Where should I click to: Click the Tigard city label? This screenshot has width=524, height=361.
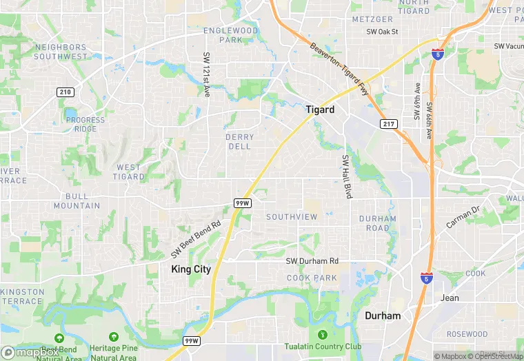pyautogui.click(x=320, y=110)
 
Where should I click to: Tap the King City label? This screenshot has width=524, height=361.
pyautogui.click(x=191, y=269)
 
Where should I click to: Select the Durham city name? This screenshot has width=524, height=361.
pyautogui.click(x=382, y=316)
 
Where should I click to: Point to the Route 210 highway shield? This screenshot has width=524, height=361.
pyautogui.click(x=65, y=92)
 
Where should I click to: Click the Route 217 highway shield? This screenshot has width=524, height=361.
pyautogui.click(x=388, y=123)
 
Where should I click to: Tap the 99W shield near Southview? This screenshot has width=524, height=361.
pyautogui.click(x=242, y=203)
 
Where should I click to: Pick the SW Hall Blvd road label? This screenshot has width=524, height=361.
pyautogui.click(x=347, y=177)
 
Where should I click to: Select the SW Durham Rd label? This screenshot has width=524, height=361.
pyautogui.click(x=312, y=261)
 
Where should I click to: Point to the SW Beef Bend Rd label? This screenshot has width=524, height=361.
pyautogui.click(x=196, y=236)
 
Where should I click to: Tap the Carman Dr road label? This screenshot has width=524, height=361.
pyautogui.click(x=462, y=218)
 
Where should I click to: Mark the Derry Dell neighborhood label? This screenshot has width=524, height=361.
pyautogui.click(x=239, y=141)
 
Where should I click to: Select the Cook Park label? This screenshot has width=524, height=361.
pyautogui.click(x=312, y=278)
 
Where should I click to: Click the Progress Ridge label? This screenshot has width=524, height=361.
pyautogui.click(x=85, y=125)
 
